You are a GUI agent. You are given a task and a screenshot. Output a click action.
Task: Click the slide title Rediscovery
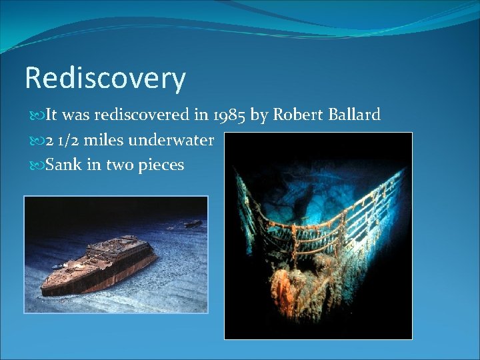tap(105, 79)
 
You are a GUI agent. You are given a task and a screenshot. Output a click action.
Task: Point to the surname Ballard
tap(354, 115)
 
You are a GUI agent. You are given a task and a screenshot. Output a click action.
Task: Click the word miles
tap(105, 140)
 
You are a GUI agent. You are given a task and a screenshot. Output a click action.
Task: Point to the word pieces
tap(161, 165)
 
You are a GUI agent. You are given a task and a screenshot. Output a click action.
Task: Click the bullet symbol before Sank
tap(36, 165)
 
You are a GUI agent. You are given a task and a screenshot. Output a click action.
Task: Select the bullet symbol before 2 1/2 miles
tap(36, 141)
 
